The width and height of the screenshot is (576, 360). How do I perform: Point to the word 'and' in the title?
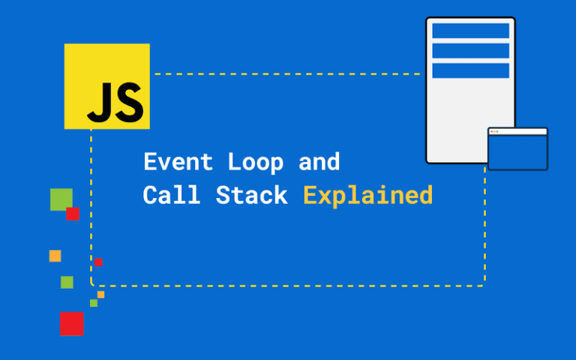(319, 162)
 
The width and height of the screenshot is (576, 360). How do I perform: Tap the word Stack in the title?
(251, 196)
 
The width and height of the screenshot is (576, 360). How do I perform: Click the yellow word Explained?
(367, 196)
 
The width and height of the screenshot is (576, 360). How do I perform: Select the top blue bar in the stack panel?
(470, 31)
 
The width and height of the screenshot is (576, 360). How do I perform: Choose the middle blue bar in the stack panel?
(470, 50)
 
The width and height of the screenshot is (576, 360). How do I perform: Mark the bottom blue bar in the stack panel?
(470, 70)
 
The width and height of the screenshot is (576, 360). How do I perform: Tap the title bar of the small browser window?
(517, 132)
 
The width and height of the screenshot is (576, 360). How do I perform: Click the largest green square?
(59, 198)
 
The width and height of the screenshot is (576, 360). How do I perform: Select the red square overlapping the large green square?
(73, 214)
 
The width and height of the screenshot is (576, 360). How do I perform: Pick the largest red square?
(72, 324)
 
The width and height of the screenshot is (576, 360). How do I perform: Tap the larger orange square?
(55, 256)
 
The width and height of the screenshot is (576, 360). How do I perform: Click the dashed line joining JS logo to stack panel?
(285, 74)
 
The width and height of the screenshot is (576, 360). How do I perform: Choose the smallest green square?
(94, 303)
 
